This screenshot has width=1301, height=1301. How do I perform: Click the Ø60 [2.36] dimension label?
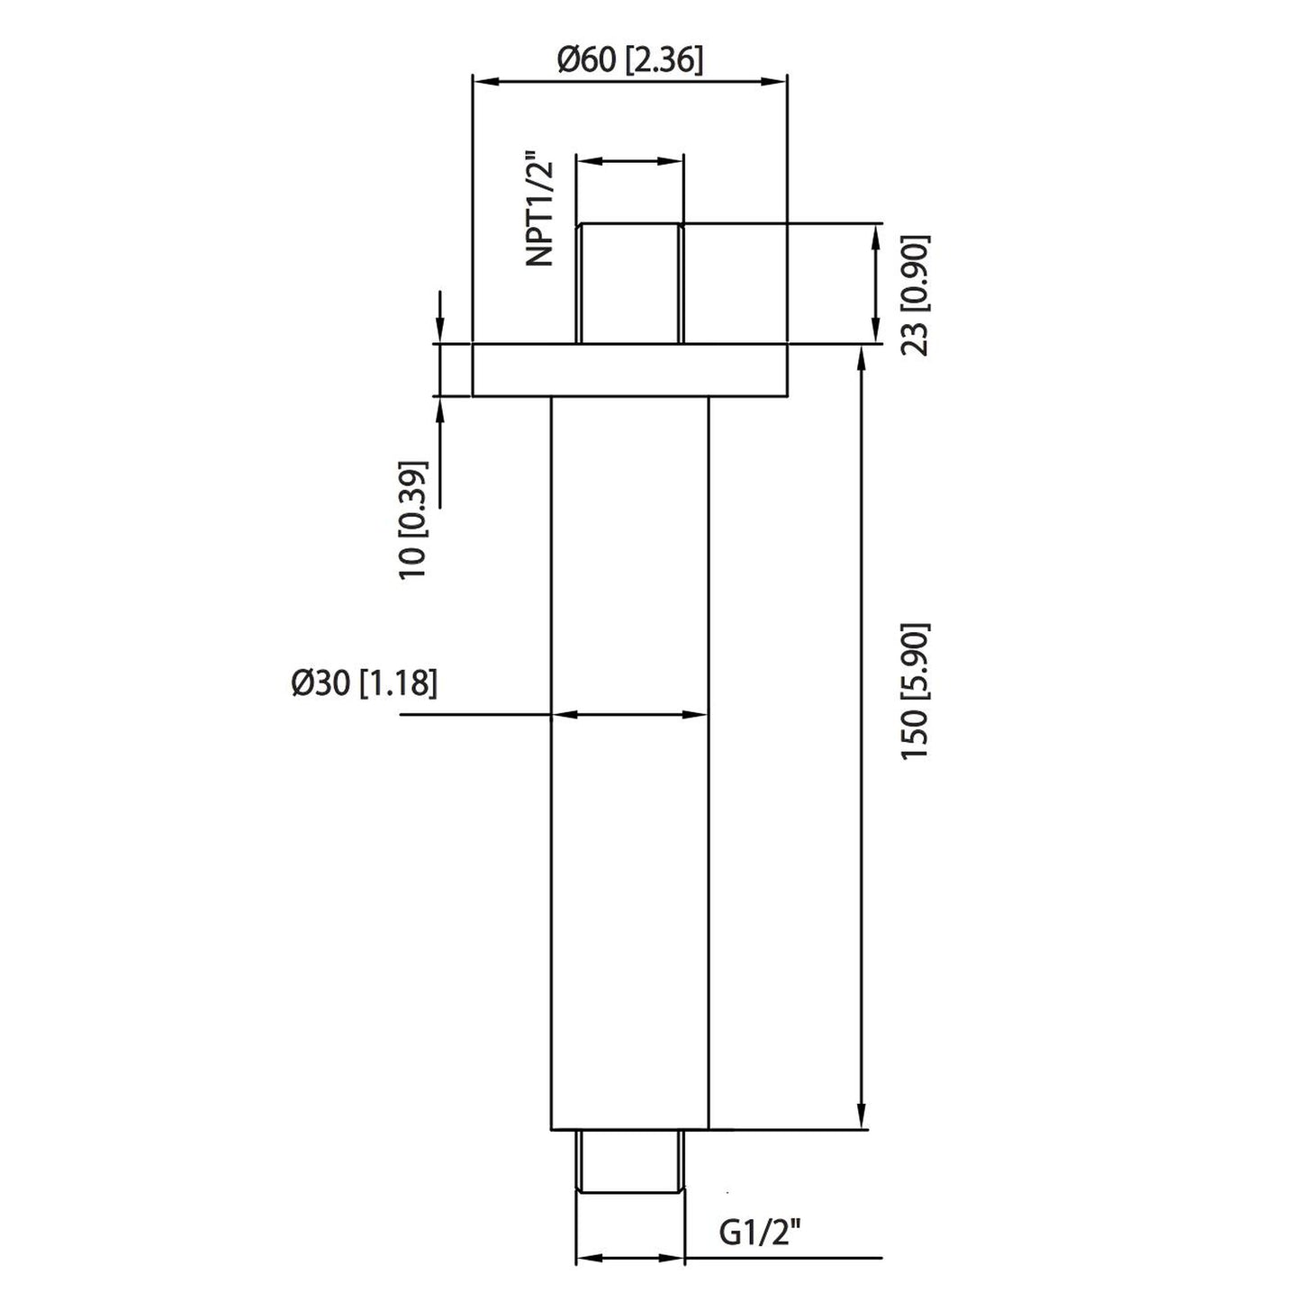(x=630, y=61)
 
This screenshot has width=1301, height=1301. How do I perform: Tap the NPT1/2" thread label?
(x=540, y=212)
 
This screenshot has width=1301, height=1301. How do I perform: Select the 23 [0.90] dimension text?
(x=916, y=295)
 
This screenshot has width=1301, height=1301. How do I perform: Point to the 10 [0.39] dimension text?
(x=414, y=519)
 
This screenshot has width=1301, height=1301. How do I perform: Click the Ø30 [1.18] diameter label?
(x=364, y=684)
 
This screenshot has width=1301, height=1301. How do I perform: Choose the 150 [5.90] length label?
(x=917, y=692)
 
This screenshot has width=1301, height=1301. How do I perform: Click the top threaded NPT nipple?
(x=630, y=283)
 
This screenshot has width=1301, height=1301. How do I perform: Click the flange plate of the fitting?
(x=630, y=370)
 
